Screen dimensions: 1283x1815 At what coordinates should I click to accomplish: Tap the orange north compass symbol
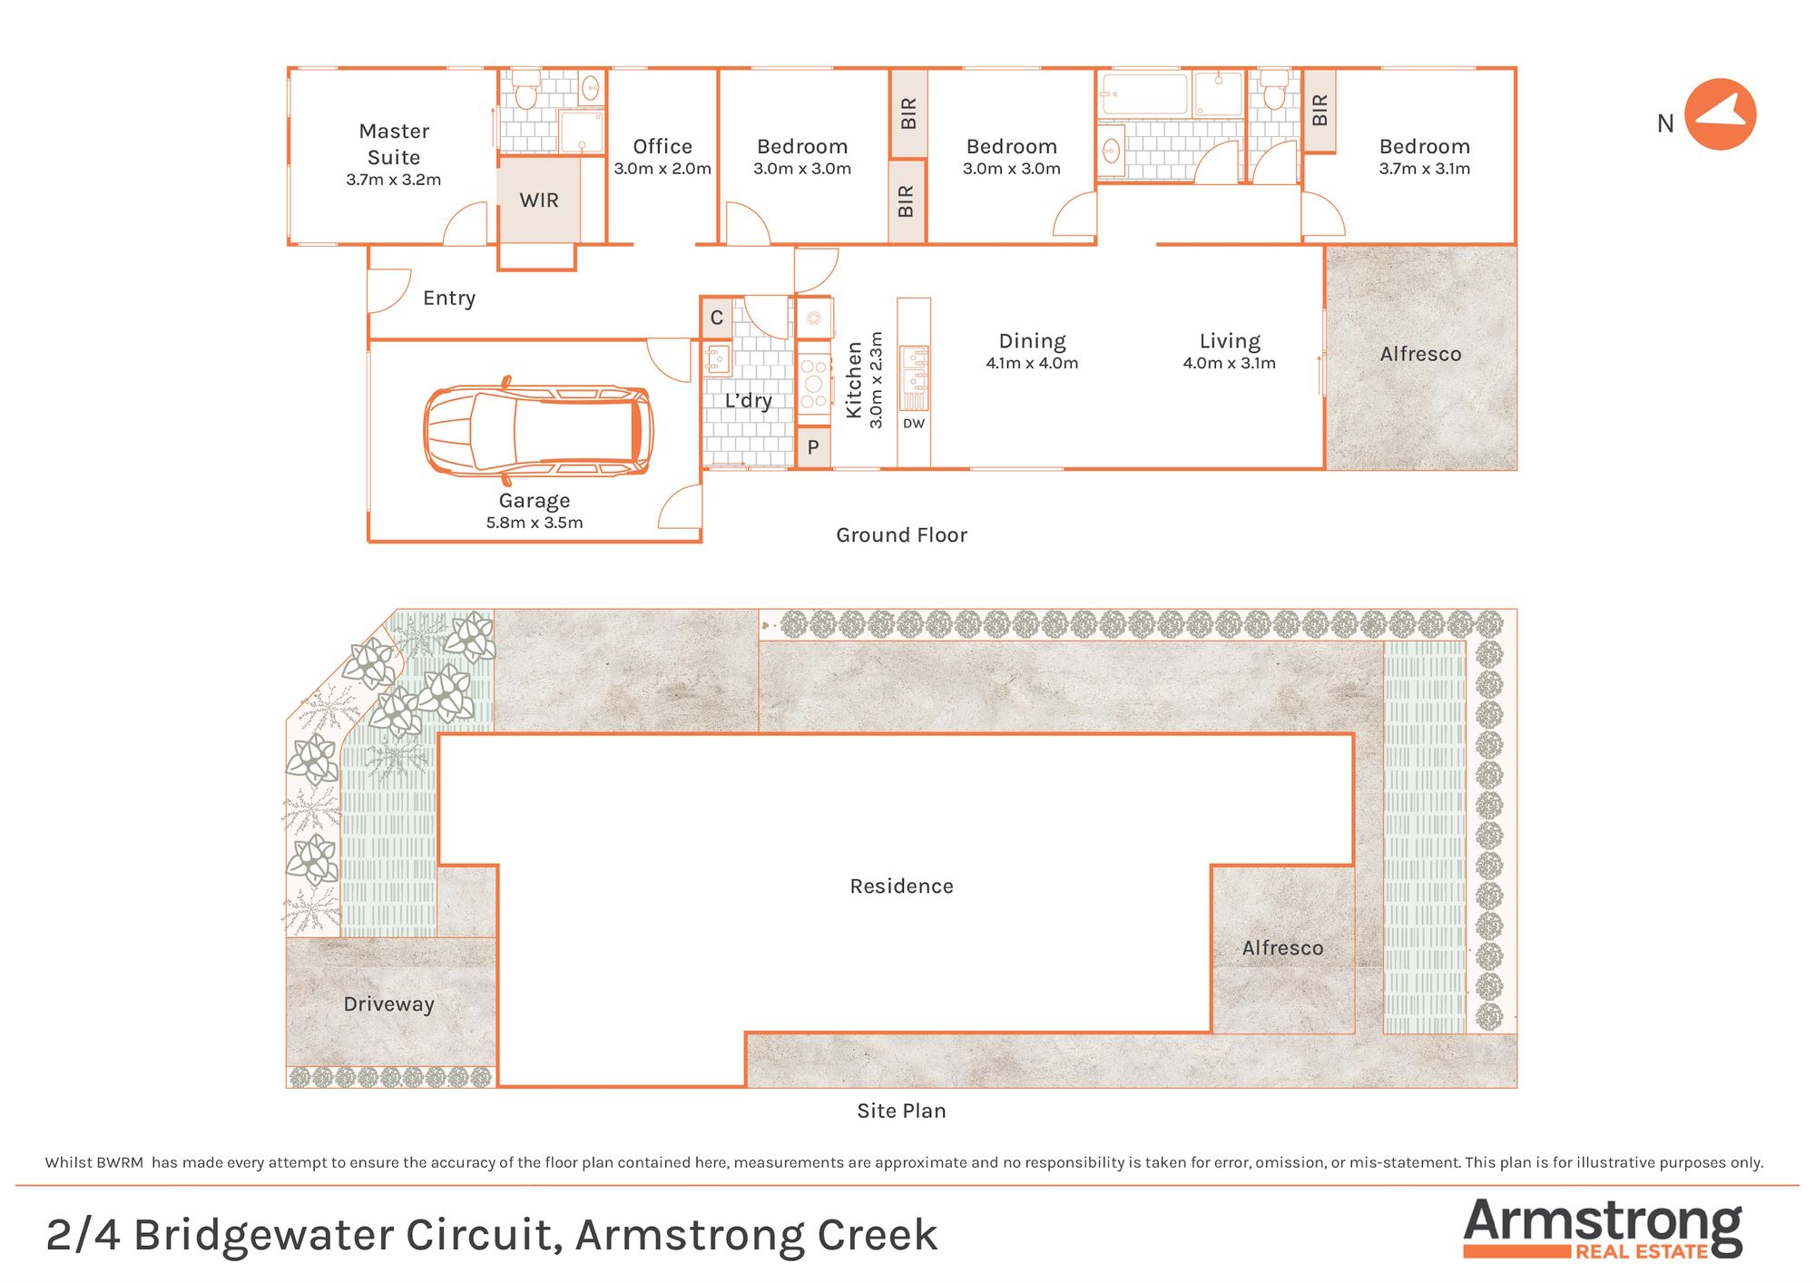pyautogui.click(x=1720, y=115)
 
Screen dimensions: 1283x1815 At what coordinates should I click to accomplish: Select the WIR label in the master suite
pyautogui.click(x=539, y=201)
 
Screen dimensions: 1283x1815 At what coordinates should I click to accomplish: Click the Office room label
pyautogui.click(x=662, y=147)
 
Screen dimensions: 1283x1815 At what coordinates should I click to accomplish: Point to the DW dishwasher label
pyautogui.click(x=914, y=424)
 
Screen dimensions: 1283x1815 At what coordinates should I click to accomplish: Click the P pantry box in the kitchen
pyautogui.click(x=813, y=447)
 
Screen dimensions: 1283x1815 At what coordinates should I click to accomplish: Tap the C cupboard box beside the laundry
pyautogui.click(x=716, y=318)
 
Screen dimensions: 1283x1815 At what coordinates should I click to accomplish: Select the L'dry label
pyautogui.click(x=749, y=401)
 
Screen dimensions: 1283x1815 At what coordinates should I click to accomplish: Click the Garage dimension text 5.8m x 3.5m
pyautogui.click(x=535, y=523)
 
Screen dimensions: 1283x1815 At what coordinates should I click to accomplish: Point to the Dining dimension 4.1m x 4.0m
pyautogui.click(x=1032, y=364)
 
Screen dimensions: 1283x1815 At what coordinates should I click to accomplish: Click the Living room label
pyautogui.click(x=1230, y=341)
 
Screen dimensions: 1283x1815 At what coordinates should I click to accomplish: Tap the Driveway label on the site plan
pyautogui.click(x=388, y=1004)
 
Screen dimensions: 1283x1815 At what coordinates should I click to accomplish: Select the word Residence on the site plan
pyautogui.click(x=901, y=886)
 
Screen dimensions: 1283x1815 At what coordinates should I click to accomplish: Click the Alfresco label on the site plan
pyautogui.click(x=1282, y=948)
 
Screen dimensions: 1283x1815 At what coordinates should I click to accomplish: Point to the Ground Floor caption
pyautogui.click(x=901, y=535)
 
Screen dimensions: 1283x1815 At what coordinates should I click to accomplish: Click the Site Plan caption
pyautogui.click(x=901, y=1112)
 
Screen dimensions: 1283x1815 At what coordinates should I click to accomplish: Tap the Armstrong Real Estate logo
pyautogui.click(x=1602, y=1229)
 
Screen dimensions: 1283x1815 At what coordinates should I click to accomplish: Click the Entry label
pyautogui.click(x=449, y=299)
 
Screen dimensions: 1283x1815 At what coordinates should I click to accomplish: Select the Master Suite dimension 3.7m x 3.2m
pyautogui.click(x=394, y=180)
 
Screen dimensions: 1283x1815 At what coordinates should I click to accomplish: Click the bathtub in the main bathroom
pyautogui.click(x=1143, y=94)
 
